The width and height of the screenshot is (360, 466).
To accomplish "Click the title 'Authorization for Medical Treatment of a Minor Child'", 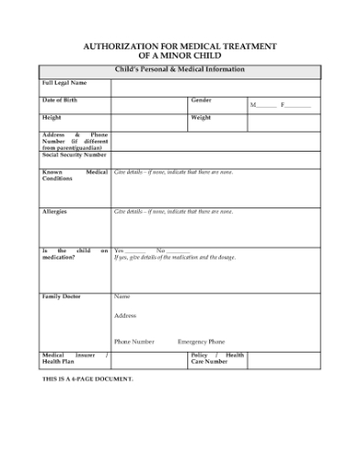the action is (180, 50).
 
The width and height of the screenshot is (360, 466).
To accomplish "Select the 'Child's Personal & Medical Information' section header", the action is (180, 69).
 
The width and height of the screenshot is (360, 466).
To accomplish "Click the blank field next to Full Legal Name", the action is (216, 86).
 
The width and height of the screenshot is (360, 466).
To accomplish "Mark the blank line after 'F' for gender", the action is (300, 106).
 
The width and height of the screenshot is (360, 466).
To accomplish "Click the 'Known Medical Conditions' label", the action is (74, 175).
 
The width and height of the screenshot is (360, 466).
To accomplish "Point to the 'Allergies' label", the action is (55, 211).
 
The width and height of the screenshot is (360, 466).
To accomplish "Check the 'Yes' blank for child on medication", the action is (134, 250).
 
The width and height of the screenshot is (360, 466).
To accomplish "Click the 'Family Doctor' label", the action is (61, 296).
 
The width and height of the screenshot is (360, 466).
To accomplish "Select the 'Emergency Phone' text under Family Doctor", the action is (201, 341).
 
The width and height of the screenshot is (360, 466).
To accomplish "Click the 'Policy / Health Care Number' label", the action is (217, 357).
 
